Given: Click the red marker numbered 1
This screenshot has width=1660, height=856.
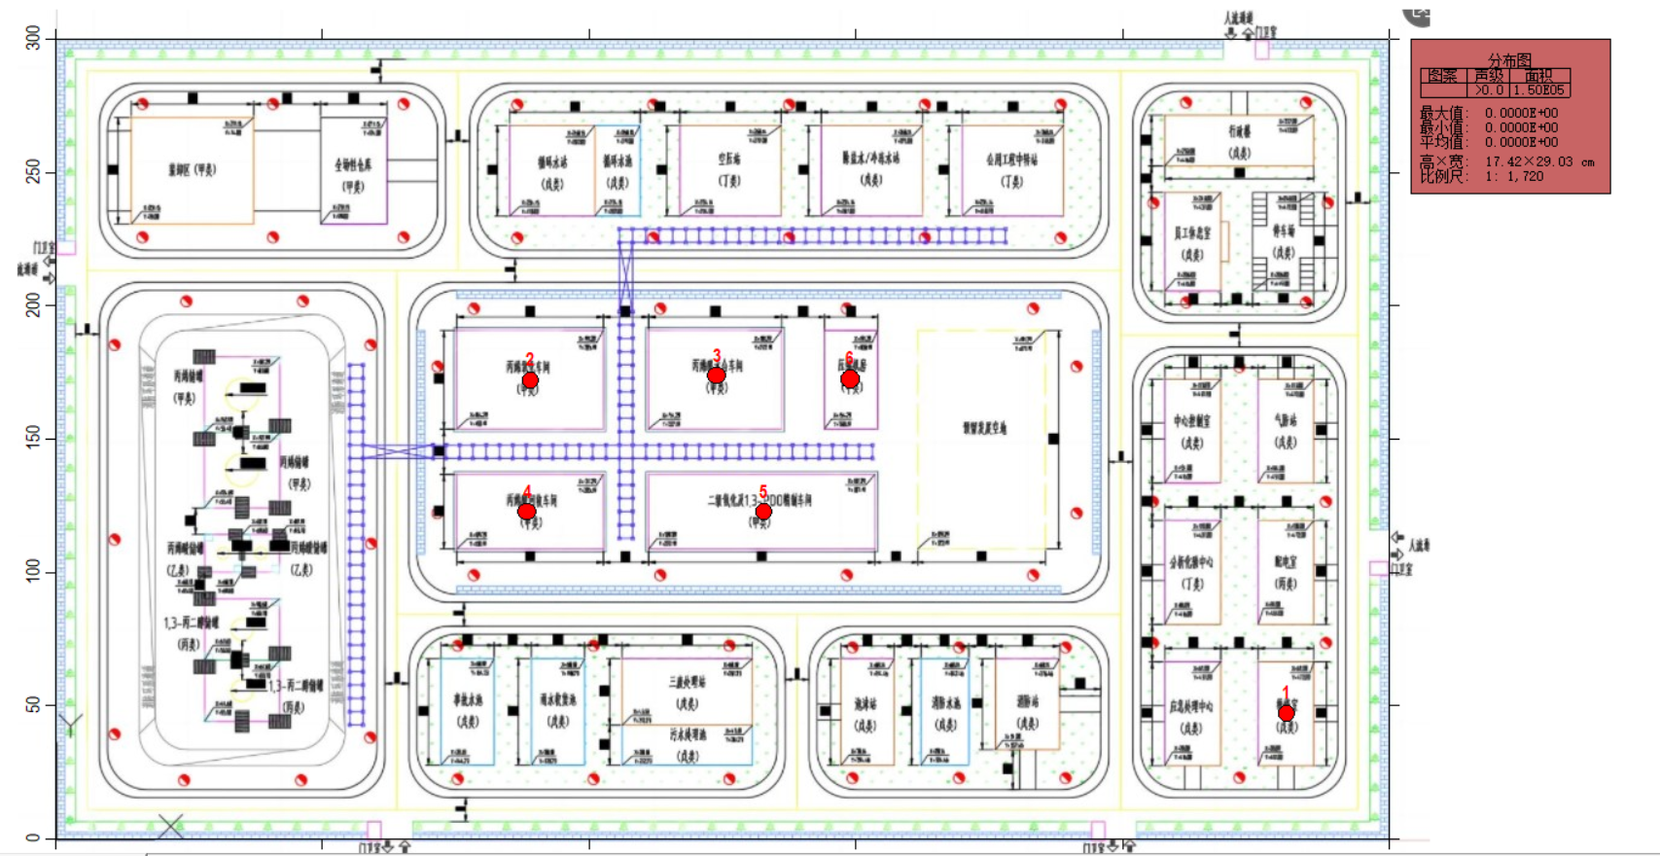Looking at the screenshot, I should (x=1286, y=714).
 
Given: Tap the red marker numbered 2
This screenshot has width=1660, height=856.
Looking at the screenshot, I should (x=530, y=380).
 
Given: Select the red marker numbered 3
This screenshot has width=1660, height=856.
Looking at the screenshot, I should (x=717, y=375).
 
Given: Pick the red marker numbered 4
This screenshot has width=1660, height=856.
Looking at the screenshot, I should (x=526, y=512).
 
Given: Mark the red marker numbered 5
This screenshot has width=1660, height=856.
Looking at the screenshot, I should (x=763, y=512).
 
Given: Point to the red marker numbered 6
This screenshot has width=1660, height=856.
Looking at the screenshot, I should (x=850, y=379).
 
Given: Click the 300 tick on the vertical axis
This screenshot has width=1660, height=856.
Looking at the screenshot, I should (x=34, y=39).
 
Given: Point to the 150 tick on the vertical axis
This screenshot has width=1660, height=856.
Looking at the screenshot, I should (x=34, y=439).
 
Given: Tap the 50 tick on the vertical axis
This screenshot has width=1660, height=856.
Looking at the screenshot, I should (x=34, y=704).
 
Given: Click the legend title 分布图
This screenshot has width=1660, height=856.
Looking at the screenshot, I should (x=1509, y=60).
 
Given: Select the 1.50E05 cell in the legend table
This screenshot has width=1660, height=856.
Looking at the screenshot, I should (x=1539, y=90).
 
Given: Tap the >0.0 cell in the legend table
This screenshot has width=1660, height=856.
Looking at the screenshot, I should (x=1489, y=90).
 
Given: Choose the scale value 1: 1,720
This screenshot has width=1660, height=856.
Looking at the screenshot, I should (x=1514, y=176).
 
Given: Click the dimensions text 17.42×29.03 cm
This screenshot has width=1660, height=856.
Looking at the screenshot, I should (x=1539, y=161).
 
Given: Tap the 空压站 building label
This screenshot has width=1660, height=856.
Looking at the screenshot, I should (x=729, y=159).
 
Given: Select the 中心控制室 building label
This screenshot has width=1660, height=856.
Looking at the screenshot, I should (x=1192, y=421).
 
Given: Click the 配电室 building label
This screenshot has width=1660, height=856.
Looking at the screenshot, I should (x=1286, y=562).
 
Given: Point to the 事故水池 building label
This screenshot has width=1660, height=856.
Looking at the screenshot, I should (x=468, y=699).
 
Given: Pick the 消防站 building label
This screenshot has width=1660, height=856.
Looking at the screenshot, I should (x=1027, y=701).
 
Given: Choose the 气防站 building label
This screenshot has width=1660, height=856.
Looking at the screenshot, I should (x=1286, y=420).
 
